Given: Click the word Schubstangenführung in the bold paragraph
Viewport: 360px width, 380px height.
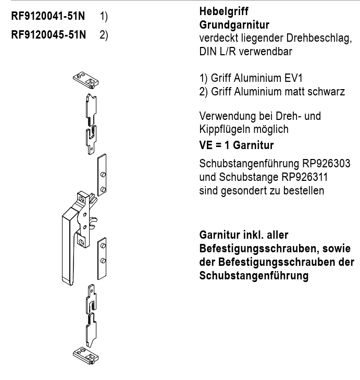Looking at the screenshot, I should tap(255, 276).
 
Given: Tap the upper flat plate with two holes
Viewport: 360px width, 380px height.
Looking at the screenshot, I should tap(103, 175).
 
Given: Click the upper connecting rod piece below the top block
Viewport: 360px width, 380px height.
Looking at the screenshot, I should tap(91, 122).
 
